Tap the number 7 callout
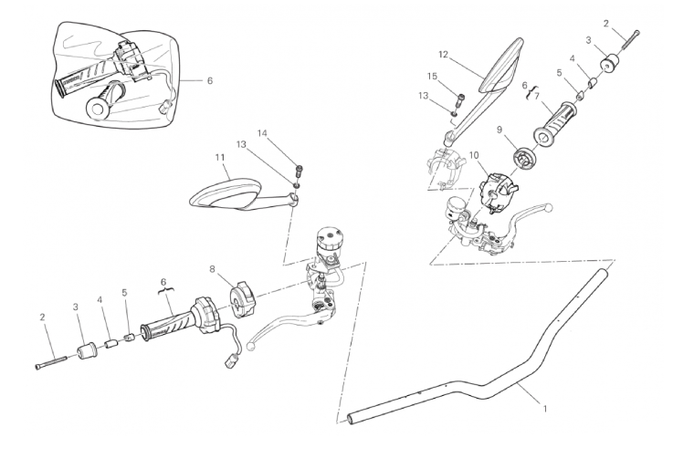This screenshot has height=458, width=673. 538,94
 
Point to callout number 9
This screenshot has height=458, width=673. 499,130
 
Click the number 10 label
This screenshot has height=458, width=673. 474,156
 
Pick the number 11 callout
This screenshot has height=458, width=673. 220,158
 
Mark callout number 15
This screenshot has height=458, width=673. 433,76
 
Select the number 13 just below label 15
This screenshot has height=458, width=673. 423,95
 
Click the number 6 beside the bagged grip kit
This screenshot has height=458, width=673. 209,80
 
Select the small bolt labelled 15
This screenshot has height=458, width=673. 460,98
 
